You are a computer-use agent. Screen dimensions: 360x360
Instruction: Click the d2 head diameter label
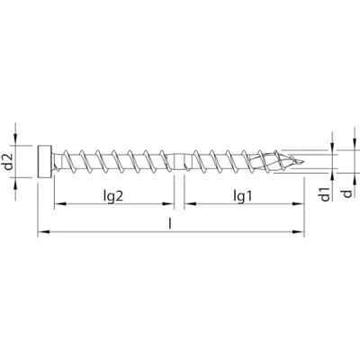[9, 164]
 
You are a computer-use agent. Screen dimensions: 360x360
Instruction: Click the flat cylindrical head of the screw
[46, 163]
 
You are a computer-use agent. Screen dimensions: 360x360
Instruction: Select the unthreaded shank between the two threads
[179, 163]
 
